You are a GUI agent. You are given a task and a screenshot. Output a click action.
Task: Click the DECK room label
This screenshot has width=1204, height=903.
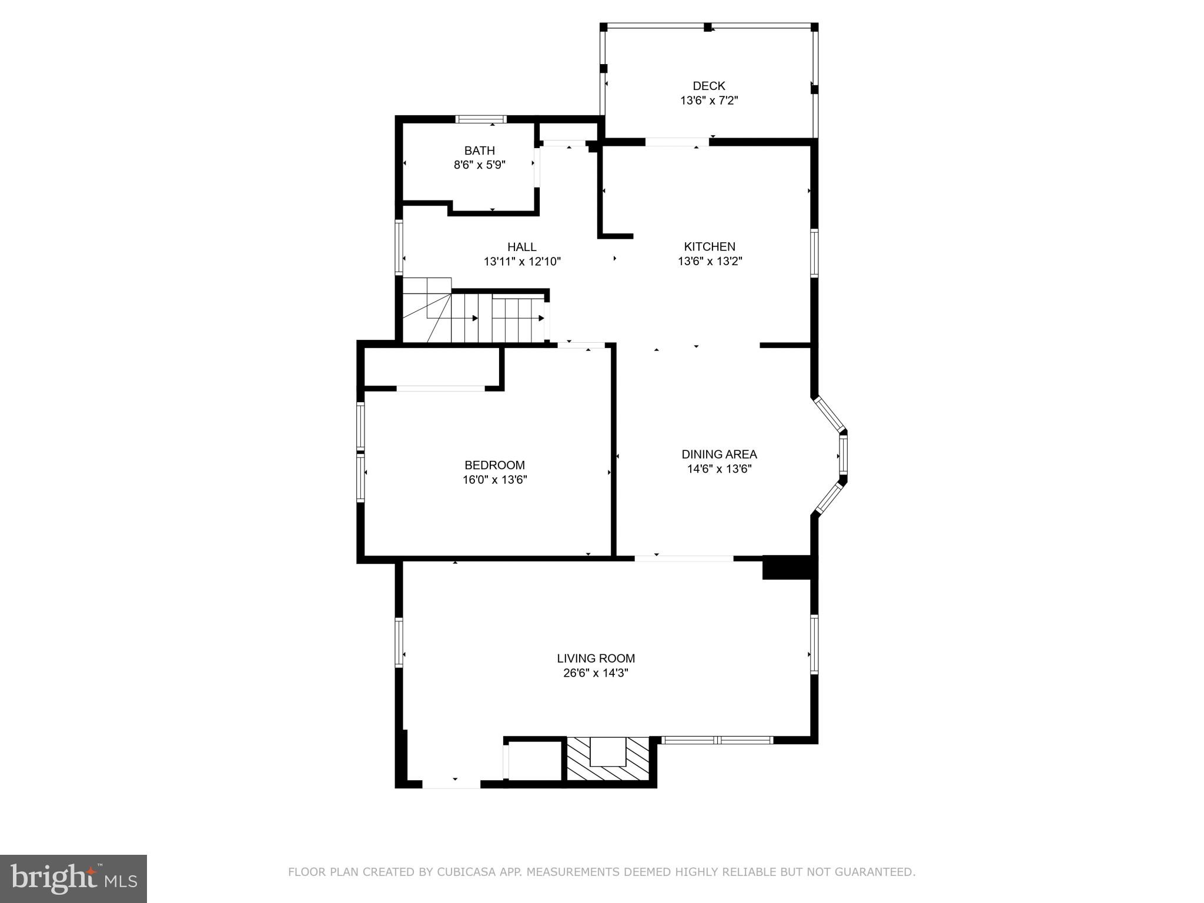pos(708,86)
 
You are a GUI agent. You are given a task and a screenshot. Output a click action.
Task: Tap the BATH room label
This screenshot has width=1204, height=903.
pos(479,150)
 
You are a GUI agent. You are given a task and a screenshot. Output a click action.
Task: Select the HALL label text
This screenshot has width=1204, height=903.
pos(521,247)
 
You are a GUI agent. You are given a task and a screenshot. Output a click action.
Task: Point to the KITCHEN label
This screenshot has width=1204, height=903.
pos(710,247)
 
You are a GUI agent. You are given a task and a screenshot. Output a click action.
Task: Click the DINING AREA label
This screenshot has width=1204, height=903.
pos(719,454)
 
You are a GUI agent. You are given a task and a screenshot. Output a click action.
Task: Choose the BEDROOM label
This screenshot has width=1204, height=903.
pos(494,465)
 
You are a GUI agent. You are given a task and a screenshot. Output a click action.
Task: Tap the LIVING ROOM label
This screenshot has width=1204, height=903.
pos(596,658)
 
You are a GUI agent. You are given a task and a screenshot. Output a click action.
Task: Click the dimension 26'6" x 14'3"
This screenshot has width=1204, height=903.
pos(596,673)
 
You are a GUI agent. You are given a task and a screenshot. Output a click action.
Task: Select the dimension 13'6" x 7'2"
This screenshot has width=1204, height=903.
pos(708,101)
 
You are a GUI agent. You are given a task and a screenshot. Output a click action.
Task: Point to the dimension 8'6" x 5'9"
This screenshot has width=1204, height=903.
pos(479,165)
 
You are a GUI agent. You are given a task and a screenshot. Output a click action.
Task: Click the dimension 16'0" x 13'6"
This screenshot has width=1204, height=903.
pos(494,480)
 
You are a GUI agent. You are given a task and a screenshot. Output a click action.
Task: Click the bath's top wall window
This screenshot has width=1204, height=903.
pos(481,119)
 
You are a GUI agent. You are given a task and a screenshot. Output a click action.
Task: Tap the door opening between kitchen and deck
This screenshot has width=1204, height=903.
pos(677,142)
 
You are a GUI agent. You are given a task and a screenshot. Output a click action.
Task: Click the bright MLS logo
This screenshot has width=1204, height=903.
pos(73,878)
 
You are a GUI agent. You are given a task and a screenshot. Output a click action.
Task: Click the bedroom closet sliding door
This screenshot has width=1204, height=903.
pos(440,388)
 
